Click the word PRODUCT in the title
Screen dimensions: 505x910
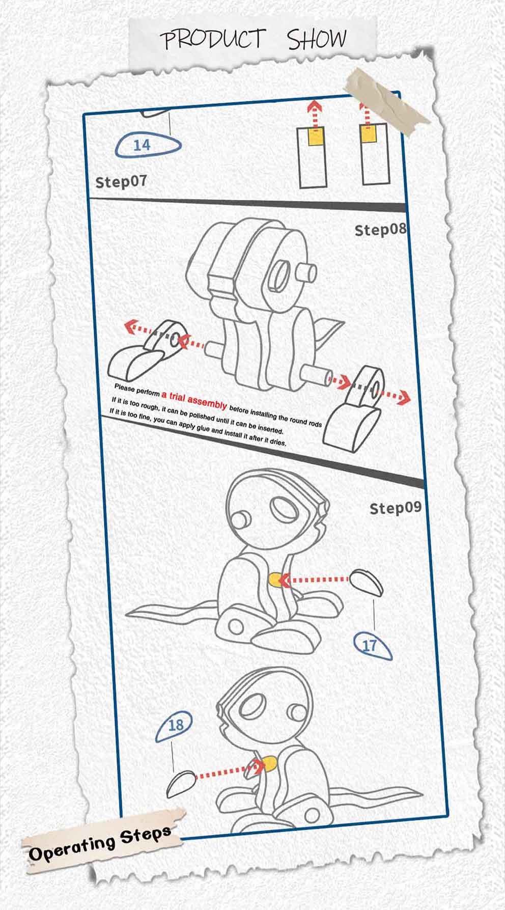(x=213, y=39)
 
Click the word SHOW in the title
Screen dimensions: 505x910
(x=317, y=39)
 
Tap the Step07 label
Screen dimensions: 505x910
(x=121, y=181)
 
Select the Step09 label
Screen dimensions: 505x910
(x=396, y=508)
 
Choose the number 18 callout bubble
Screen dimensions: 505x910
(x=174, y=726)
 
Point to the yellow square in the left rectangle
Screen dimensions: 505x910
(x=316, y=136)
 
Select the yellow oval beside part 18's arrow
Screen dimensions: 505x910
(x=269, y=763)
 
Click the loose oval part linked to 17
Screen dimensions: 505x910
(x=367, y=582)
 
